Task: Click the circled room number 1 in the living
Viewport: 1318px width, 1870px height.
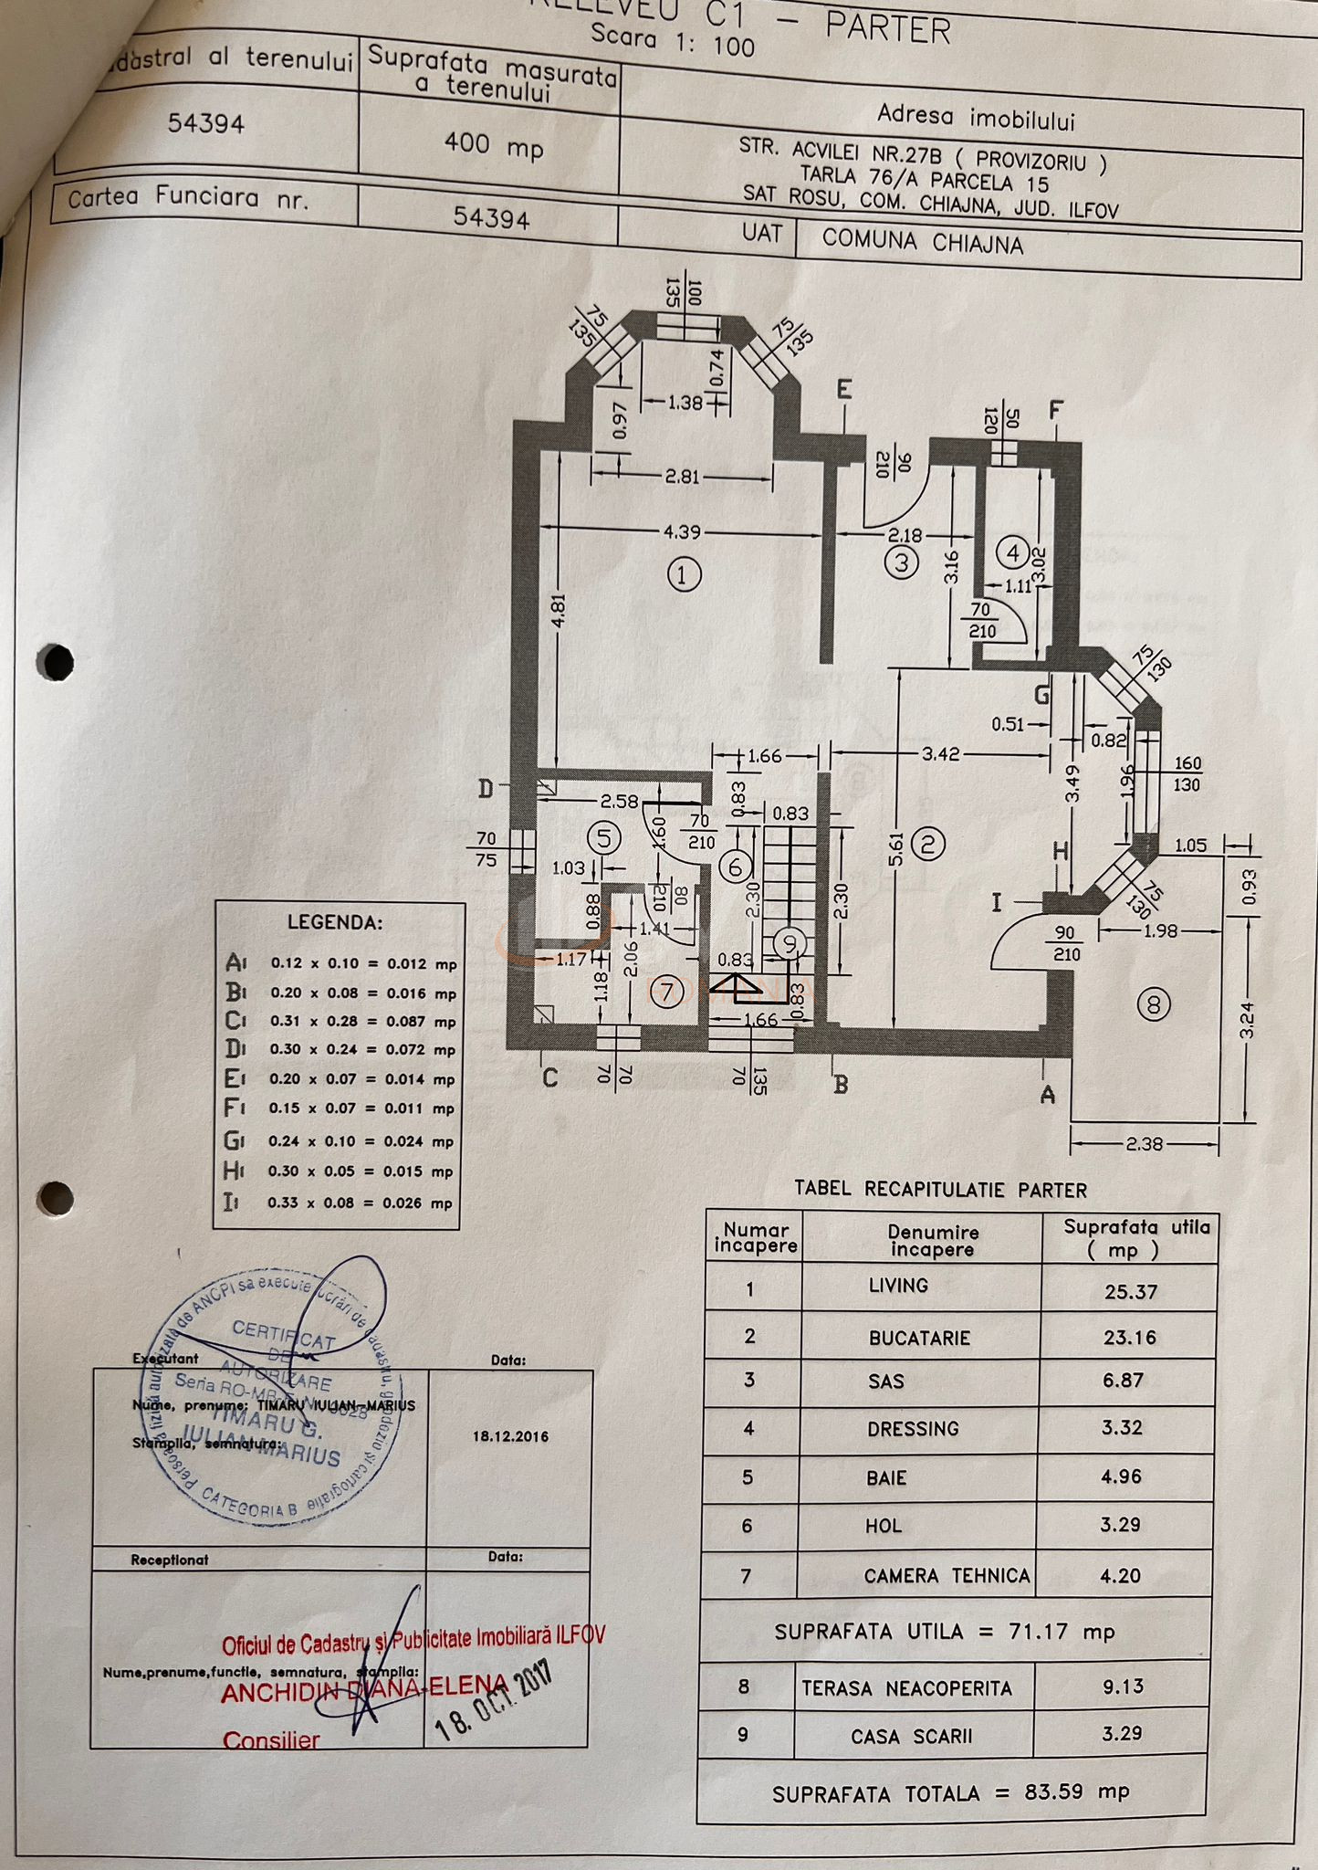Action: (x=684, y=575)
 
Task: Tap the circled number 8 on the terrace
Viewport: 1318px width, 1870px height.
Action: (x=1153, y=1005)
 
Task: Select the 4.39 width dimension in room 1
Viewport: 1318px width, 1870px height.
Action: (x=683, y=531)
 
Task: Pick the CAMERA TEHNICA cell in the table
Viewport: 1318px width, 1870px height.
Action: (x=947, y=1576)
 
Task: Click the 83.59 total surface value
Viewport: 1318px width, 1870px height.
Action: (x=1053, y=1791)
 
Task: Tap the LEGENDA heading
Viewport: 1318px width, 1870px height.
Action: (x=335, y=922)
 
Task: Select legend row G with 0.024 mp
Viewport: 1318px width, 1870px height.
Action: (x=340, y=1140)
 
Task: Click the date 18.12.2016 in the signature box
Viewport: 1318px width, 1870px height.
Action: (x=510, y=1436)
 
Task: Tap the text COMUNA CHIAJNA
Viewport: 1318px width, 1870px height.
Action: (x=922, y=243)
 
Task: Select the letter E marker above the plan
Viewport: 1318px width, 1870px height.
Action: (x=844, y=390)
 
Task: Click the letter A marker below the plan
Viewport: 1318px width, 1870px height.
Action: (x=1048, y=1094)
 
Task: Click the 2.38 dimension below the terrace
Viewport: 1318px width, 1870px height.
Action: (x=1144, y=1143)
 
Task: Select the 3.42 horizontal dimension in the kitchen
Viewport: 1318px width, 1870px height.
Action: (x=940, y=754)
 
